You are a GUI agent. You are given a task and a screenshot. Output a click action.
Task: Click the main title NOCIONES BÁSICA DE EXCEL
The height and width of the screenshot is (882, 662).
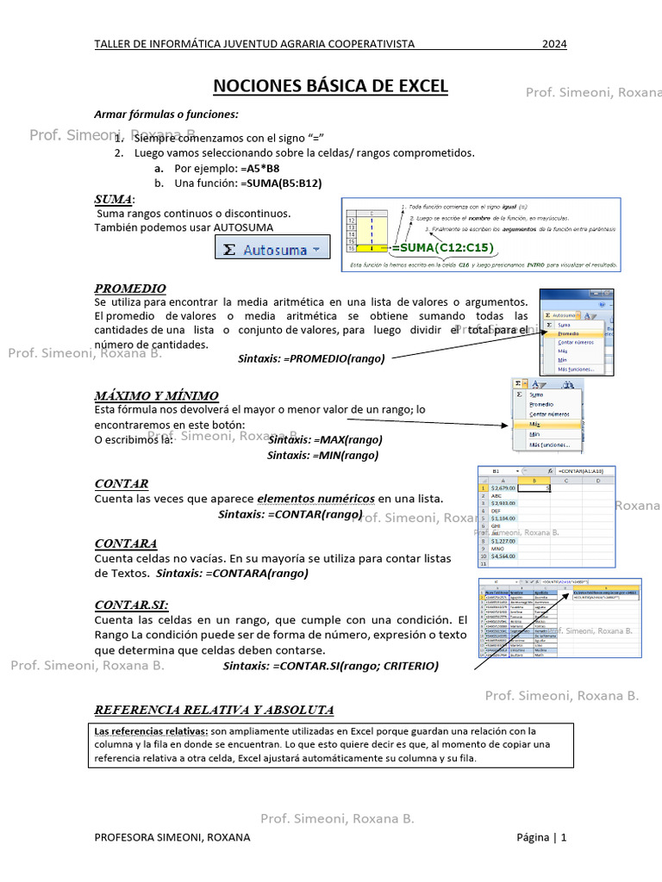[x=330, y=86]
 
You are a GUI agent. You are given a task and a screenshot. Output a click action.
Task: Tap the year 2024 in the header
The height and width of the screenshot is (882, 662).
[x=554, y=44]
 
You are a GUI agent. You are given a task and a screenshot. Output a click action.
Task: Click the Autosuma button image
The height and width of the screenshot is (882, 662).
[x=272, y=250]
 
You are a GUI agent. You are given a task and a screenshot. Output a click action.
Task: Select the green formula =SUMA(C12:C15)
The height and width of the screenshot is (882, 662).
[x=444, y=248]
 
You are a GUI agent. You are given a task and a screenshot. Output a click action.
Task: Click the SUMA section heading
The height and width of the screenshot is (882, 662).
[x=113, y=199]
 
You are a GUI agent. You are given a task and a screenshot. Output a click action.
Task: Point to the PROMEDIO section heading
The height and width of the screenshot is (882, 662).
[x=130, y=288]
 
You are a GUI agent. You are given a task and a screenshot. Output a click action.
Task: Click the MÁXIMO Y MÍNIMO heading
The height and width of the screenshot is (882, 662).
[x=156, y=395]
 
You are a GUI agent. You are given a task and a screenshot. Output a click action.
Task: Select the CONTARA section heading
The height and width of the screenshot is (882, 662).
[x=126, y=543]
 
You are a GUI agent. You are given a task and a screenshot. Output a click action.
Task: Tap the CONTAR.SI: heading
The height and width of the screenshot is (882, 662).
[x=131, y=605]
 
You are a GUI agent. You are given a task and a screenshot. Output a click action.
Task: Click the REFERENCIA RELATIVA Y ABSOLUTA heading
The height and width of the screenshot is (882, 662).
[x=214, y=710]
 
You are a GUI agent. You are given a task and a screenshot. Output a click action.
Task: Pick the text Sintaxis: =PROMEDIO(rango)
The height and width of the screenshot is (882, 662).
[x=311, y=358]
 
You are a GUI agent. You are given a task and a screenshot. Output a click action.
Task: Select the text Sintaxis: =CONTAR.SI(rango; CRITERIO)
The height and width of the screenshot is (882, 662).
[x=330, y=666]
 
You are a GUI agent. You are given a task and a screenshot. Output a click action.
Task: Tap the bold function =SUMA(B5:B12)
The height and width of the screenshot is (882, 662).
[x=283, y=183]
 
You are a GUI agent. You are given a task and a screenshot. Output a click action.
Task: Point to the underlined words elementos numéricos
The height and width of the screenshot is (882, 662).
[x=315, y=498]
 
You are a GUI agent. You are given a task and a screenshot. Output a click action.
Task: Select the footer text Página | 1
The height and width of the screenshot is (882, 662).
[x=541, y=836]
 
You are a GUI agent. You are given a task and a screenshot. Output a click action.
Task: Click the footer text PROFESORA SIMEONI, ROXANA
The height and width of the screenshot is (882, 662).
[x=172, y=836]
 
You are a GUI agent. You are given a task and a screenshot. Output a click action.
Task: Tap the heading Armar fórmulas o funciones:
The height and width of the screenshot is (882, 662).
[x=166, y=115]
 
